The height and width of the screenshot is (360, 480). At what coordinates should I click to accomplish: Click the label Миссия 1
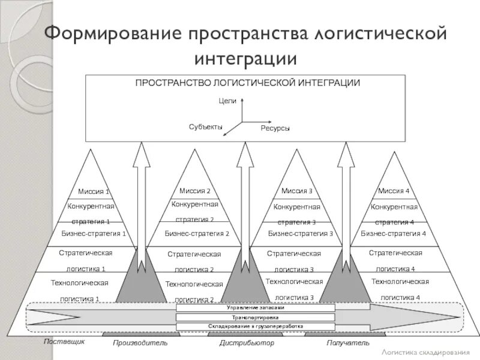[x=94, y=192]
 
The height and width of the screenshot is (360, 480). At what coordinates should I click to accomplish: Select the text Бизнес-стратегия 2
[x=197, y=233]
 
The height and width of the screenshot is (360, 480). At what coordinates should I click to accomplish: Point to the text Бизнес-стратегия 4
[x=393, y=233]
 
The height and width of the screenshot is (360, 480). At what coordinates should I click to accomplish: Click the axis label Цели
[x=227, y=101]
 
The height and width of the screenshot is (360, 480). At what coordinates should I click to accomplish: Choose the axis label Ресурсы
[x=275, y=128]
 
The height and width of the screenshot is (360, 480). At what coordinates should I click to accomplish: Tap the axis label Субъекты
[x=205, y=127]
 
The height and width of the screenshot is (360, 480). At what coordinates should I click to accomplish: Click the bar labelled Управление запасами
[x=256, y=308]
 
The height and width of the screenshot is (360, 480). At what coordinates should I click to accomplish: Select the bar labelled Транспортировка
[x=256, y=317]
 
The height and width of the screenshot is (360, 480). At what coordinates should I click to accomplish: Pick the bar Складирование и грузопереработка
[x=256, y=326]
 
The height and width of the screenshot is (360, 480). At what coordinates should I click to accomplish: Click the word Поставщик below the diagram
[x=64, y=341]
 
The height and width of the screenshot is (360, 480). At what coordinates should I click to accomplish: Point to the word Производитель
[x=140, y=343]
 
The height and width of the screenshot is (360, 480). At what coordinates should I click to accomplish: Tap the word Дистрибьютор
[x=247, y=343]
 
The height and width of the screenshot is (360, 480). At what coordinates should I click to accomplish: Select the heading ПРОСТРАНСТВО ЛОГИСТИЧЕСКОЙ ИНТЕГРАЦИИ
[x=247, y=83]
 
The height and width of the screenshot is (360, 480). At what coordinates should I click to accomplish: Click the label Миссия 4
[x=394, y=191]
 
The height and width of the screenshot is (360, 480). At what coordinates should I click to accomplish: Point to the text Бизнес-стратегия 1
[x=94, y=233]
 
